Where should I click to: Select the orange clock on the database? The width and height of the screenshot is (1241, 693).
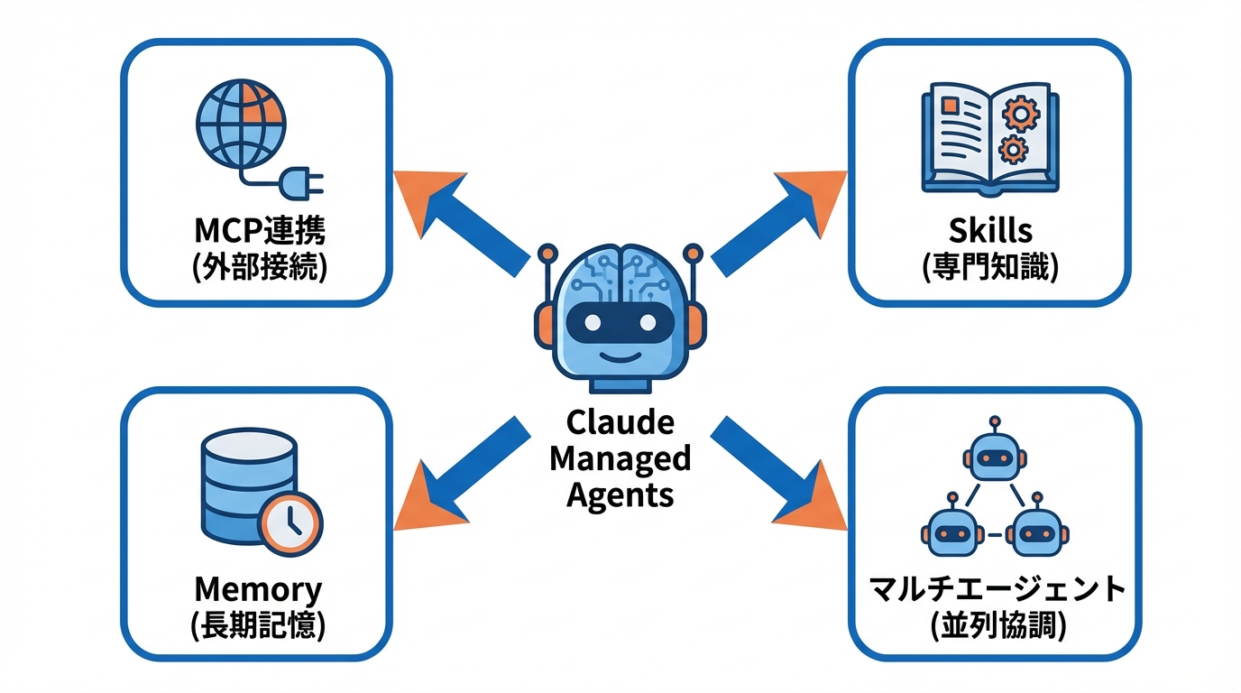(290, 522)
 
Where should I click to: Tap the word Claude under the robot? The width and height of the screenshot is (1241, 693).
(620, 422)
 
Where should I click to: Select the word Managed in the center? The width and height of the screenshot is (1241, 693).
(620, 458)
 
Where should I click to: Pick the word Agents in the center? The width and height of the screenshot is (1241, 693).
(620, 494)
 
